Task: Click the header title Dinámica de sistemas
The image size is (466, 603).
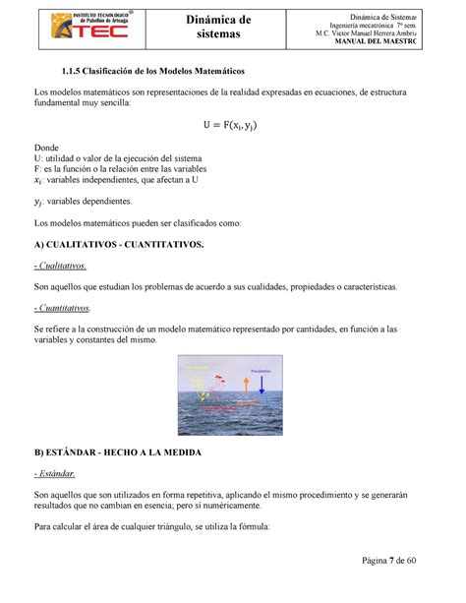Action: (x=233, y=28)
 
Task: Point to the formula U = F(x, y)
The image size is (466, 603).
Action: (x=232, y=124)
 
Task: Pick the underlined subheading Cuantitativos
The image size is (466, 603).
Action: (x=64, y=307)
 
